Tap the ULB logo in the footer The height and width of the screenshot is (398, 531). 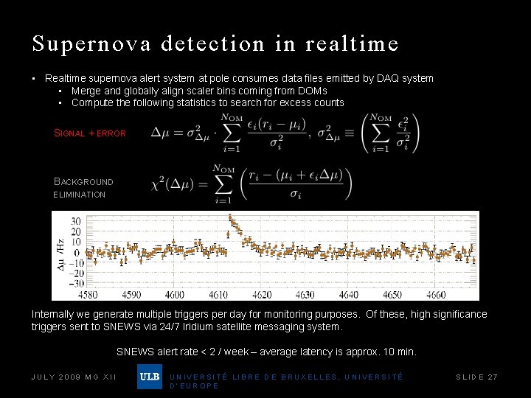click(149, 377)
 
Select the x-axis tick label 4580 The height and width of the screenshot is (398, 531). click(88, 295)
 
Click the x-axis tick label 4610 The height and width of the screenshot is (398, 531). click(218, 295)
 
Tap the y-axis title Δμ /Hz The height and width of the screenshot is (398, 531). click(60, 253)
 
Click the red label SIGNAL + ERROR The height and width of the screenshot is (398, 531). click(90, 133)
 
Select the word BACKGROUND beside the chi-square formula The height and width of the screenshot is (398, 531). click(84, 181)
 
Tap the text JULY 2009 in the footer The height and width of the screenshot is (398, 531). click(55, 377)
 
